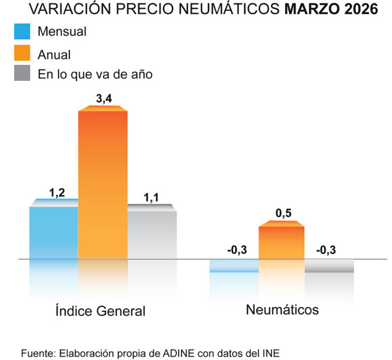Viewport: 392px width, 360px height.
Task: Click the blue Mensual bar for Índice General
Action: (x=54, y=231)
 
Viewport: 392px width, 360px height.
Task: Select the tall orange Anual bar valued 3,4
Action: (x=103, y=183)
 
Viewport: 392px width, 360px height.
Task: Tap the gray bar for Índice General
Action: (x=152, y=234)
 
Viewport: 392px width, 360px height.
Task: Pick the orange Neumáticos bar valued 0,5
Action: (x=281, y=242)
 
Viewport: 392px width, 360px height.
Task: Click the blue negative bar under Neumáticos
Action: (x=234, y=266)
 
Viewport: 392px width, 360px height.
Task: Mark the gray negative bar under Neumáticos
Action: (x=329, y=266)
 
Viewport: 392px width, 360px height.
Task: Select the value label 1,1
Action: (x=152, y=197)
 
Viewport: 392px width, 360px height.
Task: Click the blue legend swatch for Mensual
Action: (x=23, y=32)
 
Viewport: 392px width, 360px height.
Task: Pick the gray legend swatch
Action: (x=23, y=74)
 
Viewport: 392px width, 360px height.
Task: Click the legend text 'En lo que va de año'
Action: (x=95, y=74)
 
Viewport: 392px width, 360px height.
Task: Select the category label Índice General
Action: (x=100, y=310)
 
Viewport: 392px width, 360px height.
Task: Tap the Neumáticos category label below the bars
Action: (x=282, y=309)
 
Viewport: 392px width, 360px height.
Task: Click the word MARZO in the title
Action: (x=312, y=10)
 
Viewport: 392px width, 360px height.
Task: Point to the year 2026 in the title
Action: (x=361, y=10)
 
